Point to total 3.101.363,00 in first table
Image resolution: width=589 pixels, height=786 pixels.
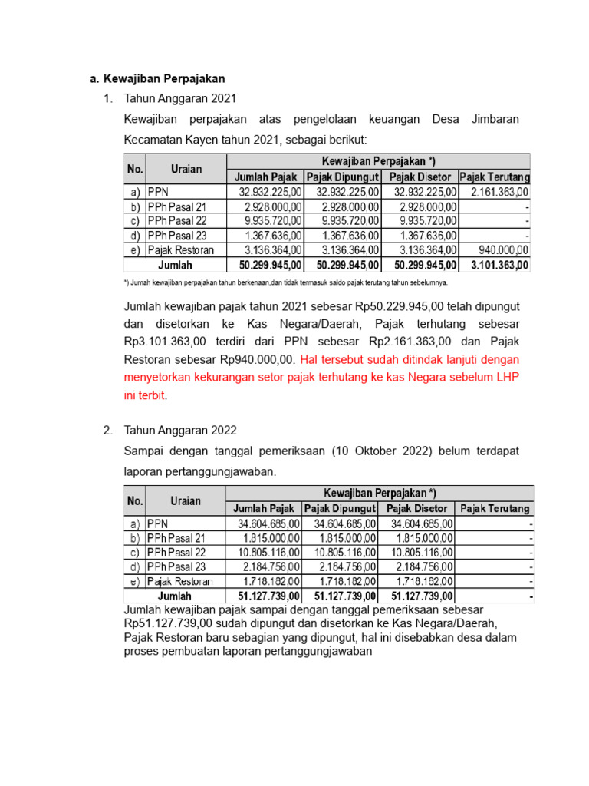click(x=497, y=265)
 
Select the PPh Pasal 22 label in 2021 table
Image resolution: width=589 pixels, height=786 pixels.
click(x=177, y=221)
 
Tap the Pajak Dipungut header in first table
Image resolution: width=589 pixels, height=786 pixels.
click(x=343, y=177)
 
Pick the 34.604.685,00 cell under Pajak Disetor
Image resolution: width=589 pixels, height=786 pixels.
click(x=421, y=523)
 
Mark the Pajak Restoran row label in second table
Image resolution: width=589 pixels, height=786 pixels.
click(x=180, y=581)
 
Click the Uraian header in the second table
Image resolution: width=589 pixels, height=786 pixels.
click(x=186, y=500)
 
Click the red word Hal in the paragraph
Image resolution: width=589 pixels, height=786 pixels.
click(x=309, y=359)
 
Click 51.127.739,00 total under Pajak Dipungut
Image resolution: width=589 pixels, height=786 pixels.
click(x=344, y=596)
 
